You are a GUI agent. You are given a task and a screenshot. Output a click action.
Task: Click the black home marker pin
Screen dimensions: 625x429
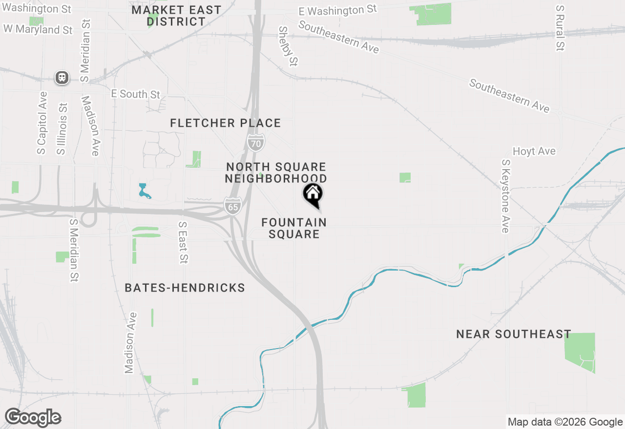(x=313, y=195)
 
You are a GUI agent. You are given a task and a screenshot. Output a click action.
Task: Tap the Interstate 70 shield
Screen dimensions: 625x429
(x=256, y=142)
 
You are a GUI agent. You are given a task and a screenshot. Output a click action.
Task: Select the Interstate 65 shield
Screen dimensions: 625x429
(x=233, y=206)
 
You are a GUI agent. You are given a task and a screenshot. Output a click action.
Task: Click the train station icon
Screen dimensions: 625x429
(x=62, y=78)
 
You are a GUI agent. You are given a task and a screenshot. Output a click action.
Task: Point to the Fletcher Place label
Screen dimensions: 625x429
(x=226, y=123)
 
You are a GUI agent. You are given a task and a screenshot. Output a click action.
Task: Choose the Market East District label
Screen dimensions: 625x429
(x=176, y=16)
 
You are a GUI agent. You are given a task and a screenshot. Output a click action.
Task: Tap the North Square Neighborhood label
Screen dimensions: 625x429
(x=276, y=173)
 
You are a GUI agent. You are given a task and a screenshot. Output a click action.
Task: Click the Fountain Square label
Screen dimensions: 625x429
(x=294, y=228)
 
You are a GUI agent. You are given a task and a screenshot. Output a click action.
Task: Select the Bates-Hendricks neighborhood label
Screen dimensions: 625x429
(x=185, y=288)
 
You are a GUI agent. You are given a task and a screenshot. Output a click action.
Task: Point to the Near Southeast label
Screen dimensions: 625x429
(x=514, y=334)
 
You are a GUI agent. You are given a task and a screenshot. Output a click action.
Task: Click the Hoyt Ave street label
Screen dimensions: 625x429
(x=534, y=152)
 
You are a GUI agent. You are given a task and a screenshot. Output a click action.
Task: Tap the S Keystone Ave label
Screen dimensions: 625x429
(x=505, y=196)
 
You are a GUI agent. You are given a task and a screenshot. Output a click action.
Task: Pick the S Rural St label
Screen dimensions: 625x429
(x=560, y=28)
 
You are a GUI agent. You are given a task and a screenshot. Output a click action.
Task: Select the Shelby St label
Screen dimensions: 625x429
(x=288, y=46)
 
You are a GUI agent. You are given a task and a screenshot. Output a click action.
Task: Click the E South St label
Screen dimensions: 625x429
(x=135, y=94)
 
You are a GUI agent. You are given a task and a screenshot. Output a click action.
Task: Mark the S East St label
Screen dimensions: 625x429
(x=183, y=243)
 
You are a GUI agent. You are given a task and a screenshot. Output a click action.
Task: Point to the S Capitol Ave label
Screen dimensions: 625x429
(x=42, y=123)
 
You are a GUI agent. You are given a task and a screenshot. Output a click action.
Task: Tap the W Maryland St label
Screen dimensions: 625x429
(x=38, y=30)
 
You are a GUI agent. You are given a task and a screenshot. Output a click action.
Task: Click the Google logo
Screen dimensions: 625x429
(x=33, y=418)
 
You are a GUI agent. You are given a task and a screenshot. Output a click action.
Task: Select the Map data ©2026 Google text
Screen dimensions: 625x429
(x=565, y=422)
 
